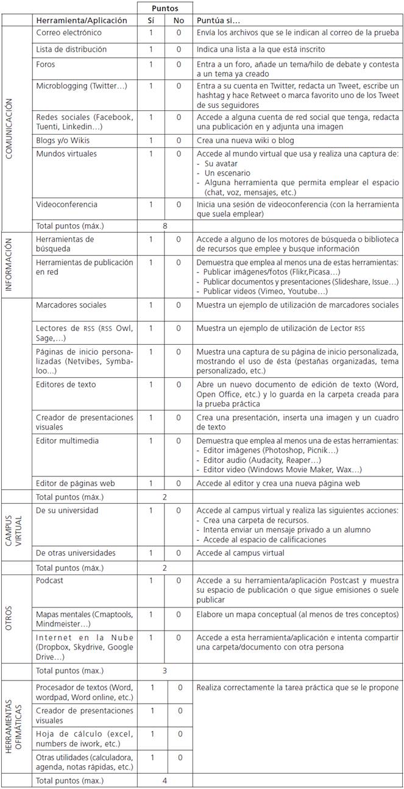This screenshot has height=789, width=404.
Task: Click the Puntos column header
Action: [165, 9]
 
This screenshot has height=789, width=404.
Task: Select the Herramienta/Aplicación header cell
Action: [82, 21]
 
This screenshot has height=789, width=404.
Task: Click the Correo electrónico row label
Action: [69, 33]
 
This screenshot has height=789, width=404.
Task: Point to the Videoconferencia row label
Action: [66, 205]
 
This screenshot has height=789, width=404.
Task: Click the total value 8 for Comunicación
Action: [165, 225]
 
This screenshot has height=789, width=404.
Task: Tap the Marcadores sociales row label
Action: [71, 305]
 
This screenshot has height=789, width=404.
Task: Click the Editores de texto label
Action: [66, 384]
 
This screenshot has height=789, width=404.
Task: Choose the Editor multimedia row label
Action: [67, 440]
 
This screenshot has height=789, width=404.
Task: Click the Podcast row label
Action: [50, 581]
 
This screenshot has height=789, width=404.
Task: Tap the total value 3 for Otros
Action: [165, 671]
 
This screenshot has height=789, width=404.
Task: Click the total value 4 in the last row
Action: [165, 780]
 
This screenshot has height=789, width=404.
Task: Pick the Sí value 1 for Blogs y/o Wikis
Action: [151, 140]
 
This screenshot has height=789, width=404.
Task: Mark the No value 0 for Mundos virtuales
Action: [179, 154]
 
